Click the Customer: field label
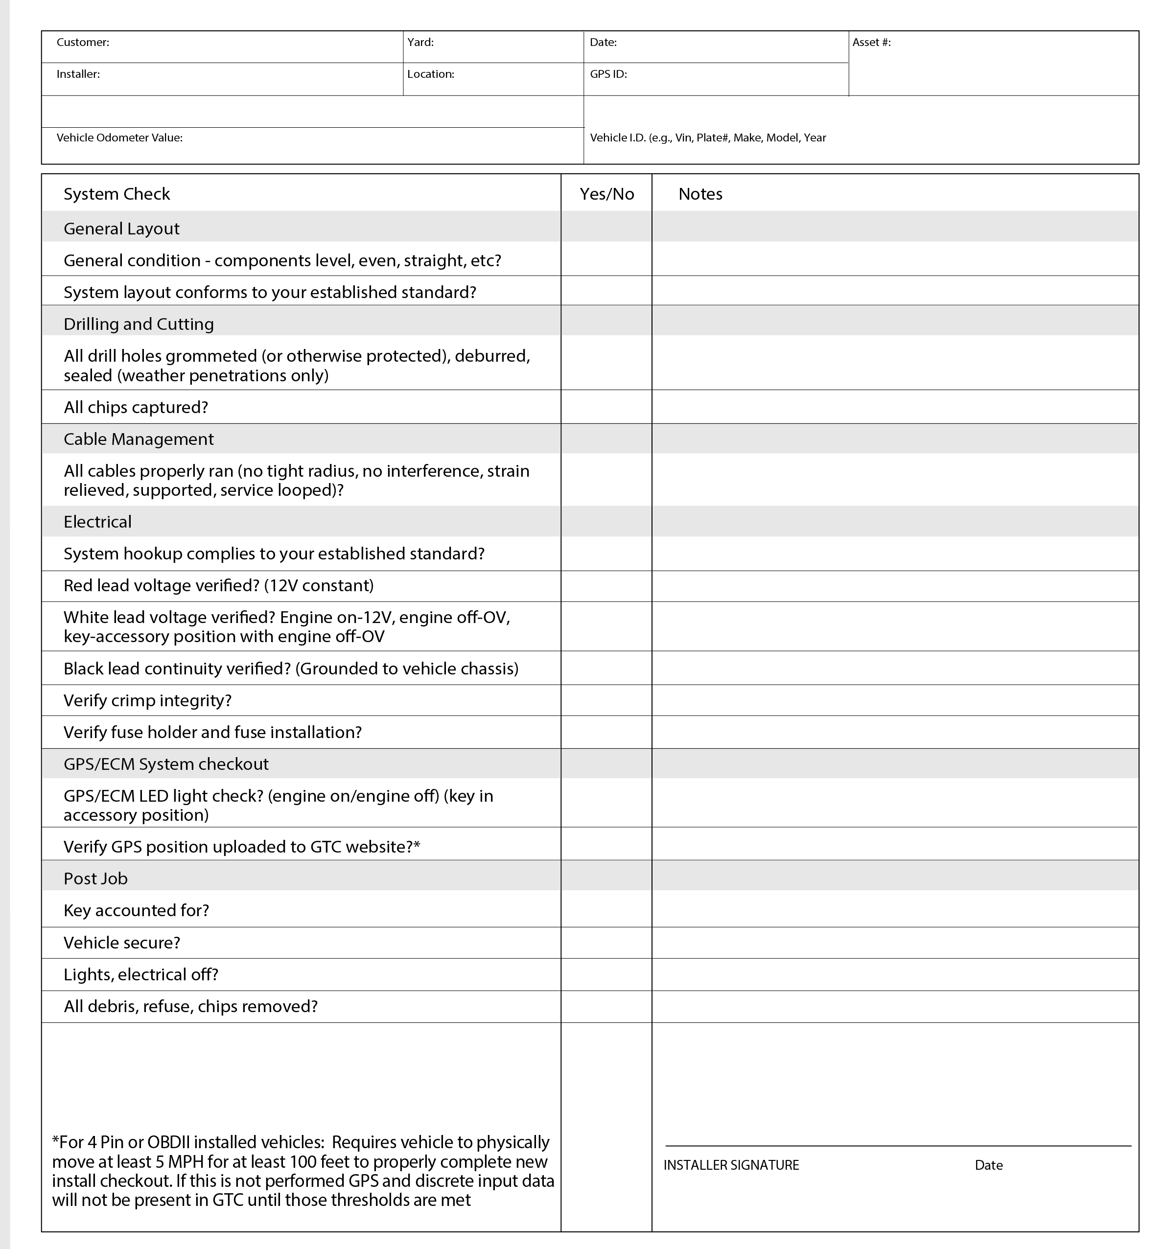(x=82, y=42)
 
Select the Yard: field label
(x=420, y=42)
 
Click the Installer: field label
(x=78, y=74)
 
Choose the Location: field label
(x=430, y=74)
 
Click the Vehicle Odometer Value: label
(x=119, y=138)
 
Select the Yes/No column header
(x=606, y=194)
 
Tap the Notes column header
(x=700, y=194)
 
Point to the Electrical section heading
(x=97, y=522)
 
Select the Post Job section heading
(x=95, y=879)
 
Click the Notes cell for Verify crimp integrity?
(x=895, y=700)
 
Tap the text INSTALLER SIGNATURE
(x=731, y=1165)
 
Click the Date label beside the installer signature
(x=988, y=1165)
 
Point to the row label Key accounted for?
(x=137, y=910)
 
